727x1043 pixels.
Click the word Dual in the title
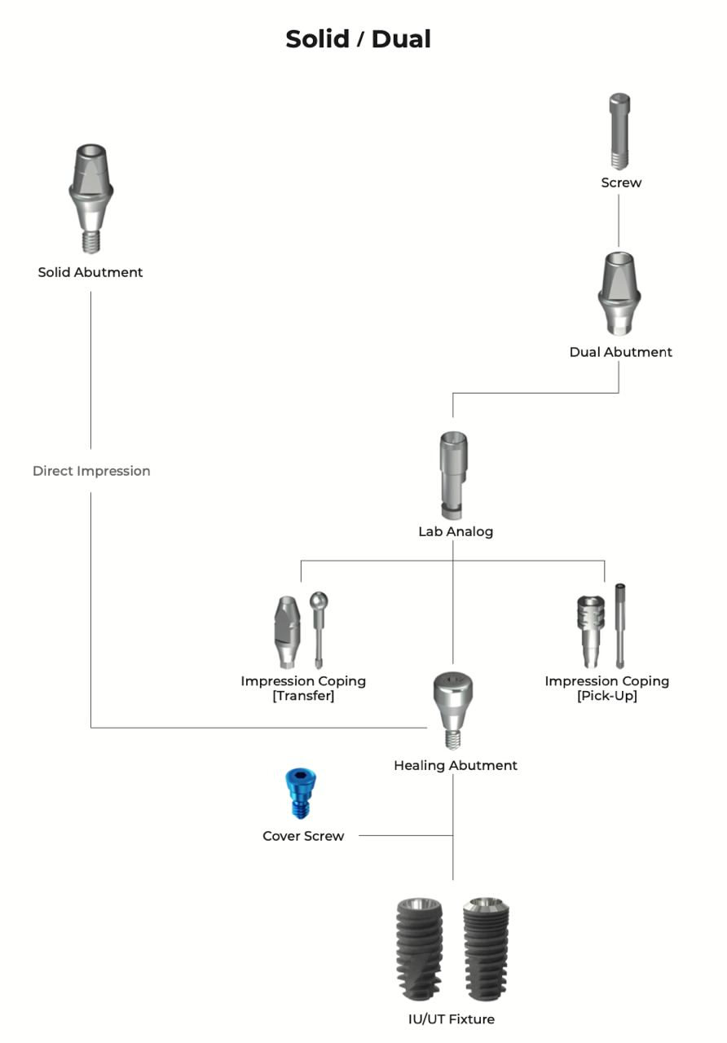(x=401, y=39)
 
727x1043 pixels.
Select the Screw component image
(x=620, y=130)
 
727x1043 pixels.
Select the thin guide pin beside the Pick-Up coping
(x=620, y=623)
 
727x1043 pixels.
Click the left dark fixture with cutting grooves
(x=419, y=950)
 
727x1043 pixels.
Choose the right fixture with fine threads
(x=487, y=950)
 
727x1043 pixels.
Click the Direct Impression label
(x=91, y=471)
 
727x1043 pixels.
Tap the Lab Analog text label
(x=456, y=532)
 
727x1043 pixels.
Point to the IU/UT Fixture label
(x=451, y=1019)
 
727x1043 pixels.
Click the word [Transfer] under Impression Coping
(x=303, y=697)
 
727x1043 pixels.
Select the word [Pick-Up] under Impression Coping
(x=606, y=697)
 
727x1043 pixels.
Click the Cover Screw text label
(x=303, y=836)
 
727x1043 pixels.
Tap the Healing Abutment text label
(x=455, y=766)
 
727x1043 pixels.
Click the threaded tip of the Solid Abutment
(x=90, y=242)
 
